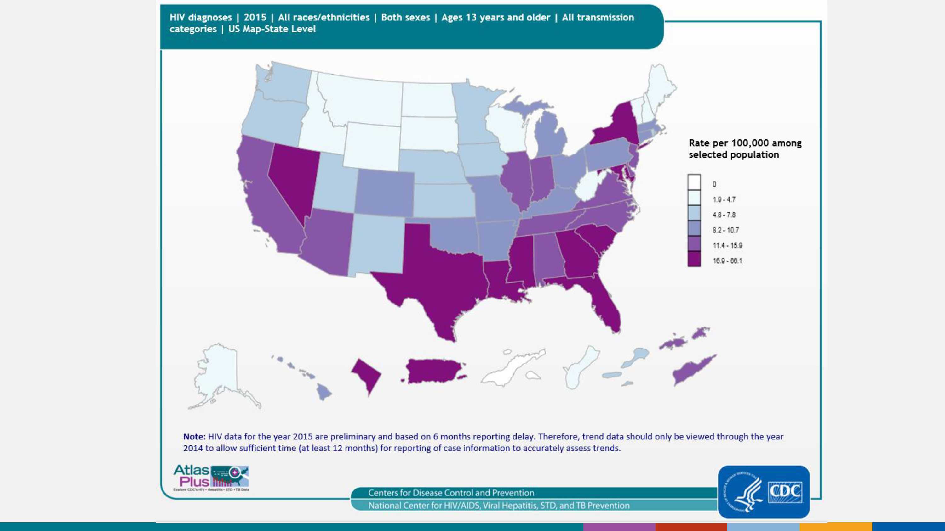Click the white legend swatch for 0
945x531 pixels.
pos(694,182)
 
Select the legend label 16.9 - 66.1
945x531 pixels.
pos(727,261)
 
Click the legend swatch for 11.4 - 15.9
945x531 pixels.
pos(694,244)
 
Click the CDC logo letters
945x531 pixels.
pos(785,491)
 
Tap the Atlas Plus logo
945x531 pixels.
pos(211,478)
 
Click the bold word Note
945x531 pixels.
pos(194,436)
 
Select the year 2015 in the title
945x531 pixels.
pos(255,17)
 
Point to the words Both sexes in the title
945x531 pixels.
pos(405,17)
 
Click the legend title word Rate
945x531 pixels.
pos(699,143)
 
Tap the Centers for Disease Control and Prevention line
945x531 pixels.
pos(451,493)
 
